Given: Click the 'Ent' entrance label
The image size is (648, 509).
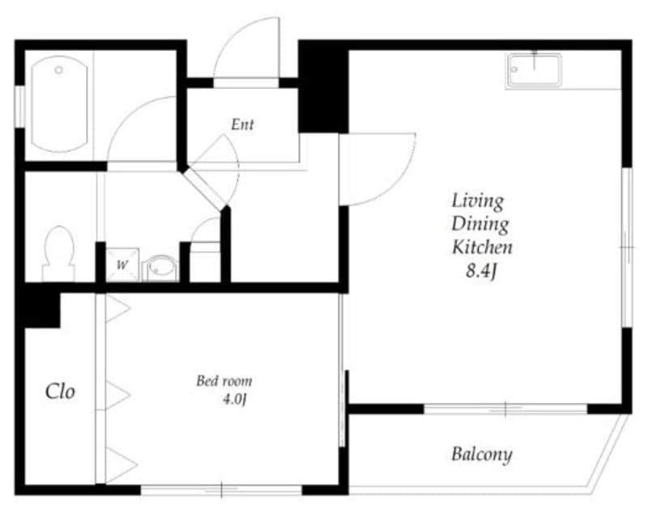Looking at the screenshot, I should (x=242, y=125).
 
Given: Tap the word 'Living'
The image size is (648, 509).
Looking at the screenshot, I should (x=477, y=200).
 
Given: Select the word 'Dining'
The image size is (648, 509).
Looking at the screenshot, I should (x=480, y=223).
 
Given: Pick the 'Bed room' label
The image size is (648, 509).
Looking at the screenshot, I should (x=224, y=380).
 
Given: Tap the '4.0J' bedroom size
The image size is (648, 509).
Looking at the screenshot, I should (x=233, y=399).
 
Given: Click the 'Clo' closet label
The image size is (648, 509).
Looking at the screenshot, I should (x=60, y=392).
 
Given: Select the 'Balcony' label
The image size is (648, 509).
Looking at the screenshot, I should (x=481, y=454).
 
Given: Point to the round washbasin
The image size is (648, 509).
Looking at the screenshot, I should (x=161, y=267).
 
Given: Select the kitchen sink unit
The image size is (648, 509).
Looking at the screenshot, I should (x=534, y=70).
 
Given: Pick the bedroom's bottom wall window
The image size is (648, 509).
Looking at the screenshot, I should (x=221, y=490).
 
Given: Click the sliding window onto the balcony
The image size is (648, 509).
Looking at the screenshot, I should (x=505, y=409).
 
